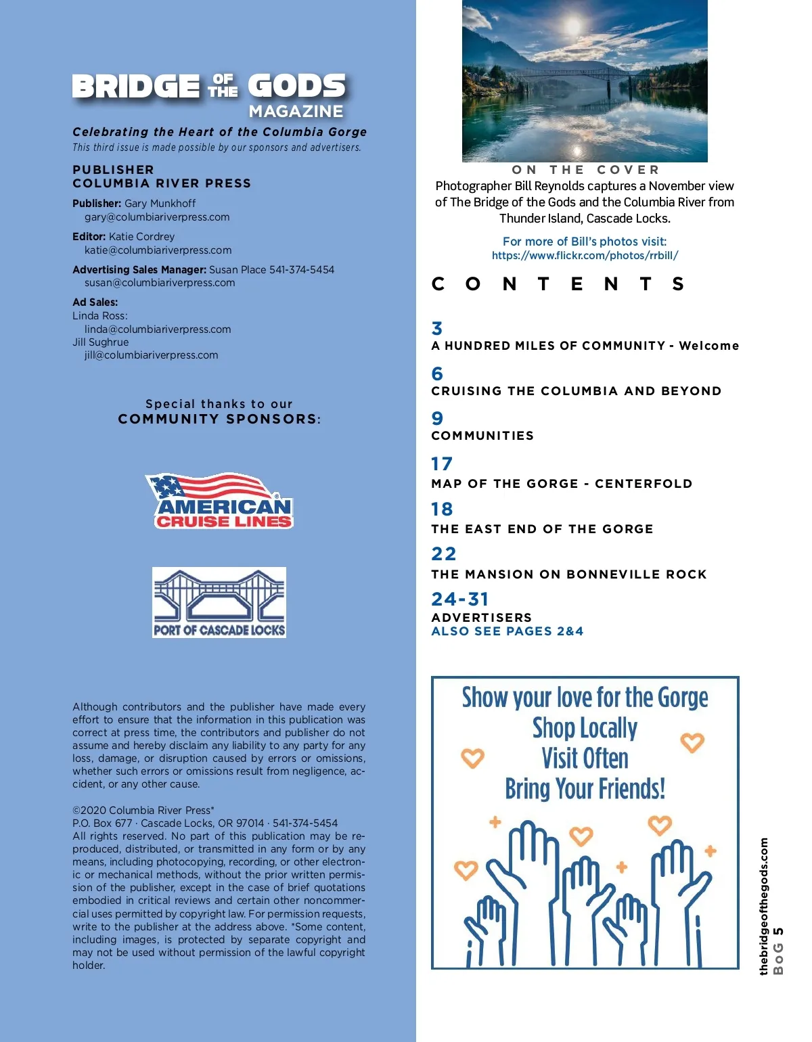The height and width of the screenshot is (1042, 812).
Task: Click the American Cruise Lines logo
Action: (219, 501)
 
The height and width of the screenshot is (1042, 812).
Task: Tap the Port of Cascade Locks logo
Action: (219, 602)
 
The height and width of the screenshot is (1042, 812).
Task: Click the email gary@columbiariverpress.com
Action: (157, 217)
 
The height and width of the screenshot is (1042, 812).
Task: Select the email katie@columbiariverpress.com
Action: (158, 250)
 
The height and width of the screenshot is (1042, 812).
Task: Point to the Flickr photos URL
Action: (585, 256)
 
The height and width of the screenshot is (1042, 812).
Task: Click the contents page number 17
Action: (442, 464)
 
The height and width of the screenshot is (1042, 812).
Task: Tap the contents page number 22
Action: (444, 554)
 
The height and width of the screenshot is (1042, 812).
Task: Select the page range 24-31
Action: (460, 599)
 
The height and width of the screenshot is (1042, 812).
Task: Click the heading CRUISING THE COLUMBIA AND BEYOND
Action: (577, 391)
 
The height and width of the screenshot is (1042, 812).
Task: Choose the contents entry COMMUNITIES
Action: (482, 436)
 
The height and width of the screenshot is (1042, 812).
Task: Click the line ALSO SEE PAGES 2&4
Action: (507, 631)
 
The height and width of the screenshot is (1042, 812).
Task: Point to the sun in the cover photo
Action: (572, 26)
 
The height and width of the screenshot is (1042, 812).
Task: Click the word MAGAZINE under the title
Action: (296, 112)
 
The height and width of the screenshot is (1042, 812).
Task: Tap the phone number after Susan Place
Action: (302, 270)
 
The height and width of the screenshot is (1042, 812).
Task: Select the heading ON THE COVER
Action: (585, 170)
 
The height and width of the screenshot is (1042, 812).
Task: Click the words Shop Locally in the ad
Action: (585, 729)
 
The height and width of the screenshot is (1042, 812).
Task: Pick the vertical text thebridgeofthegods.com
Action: (764, 907)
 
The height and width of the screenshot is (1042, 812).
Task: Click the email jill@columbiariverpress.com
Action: (151, 355)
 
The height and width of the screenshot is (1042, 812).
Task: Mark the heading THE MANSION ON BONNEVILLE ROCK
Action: (569, 574)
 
